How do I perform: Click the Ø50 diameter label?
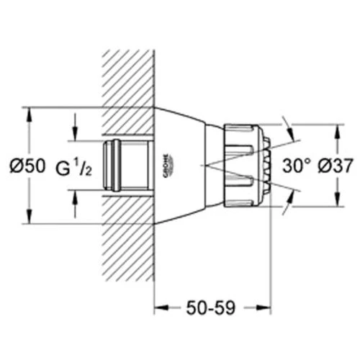[27, 166]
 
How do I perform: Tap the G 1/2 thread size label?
[73, 167]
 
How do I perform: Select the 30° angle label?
[296, 166]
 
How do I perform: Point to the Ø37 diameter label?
[336, 166]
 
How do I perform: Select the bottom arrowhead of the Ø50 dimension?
[30, 215]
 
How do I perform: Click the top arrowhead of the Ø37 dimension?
[338, 132]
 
